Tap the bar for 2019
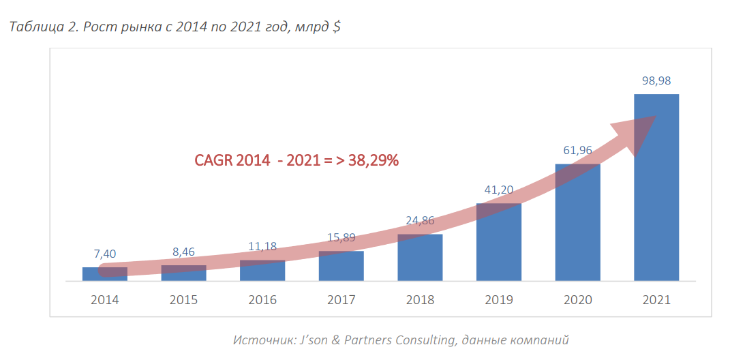[x=498, y=245]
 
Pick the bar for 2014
[x=105, y=274]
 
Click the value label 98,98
[x=656, y=80]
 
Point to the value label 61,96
[x=577, y=150]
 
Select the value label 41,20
[x=498, y=190]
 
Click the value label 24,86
[x=419, y=221]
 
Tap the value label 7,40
[x=105, y=254]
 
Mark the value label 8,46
[x=183, y=252]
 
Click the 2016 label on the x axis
[x=262, y=300]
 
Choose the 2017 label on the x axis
[x=341, y=300]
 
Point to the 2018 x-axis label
[x=420, y=300]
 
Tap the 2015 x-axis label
[x=183, y=300]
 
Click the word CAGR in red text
[x=214, y=160]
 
